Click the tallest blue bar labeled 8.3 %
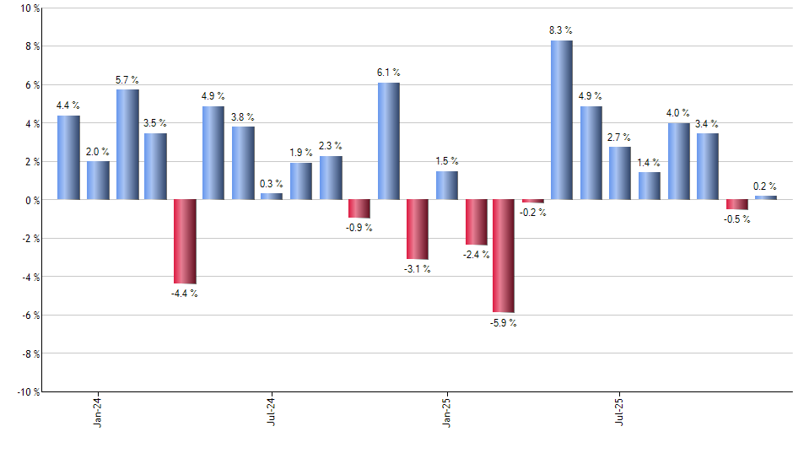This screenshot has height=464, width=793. (562, 120)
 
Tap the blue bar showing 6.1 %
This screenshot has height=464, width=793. (388, 141)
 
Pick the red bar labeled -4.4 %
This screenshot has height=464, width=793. (185, 241)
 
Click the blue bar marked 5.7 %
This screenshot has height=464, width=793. (127, 144)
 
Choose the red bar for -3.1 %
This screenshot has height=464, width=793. (417, 229)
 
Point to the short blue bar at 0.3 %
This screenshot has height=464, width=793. (272, 197)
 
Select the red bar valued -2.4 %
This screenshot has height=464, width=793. (476, 222)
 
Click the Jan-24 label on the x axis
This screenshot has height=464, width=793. (98, 411)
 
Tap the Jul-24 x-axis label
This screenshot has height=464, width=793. (272, 411)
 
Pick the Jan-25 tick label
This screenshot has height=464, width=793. (446, 411)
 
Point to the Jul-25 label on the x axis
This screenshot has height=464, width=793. (620, 411)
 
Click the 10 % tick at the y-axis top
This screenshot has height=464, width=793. (29, 8)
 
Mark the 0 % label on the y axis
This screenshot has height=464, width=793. (31, 200)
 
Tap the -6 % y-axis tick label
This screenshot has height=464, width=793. (29, 315)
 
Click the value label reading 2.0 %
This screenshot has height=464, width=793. (98, 151)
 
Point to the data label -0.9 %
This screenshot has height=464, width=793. (359, 228)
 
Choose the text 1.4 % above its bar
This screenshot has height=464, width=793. (649, 162)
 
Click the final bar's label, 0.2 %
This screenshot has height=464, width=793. (765, 186)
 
